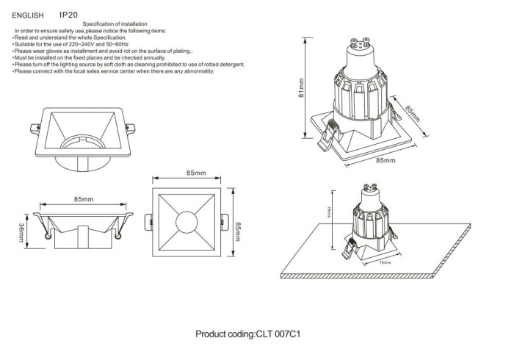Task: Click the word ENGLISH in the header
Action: click(x=28, y=15)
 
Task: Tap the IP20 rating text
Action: click(x=68, y=14)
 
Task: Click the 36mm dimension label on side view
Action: click(x=22, y=235)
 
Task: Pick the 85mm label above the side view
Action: click(x=83, y=199)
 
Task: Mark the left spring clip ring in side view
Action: click(x=48, y=236)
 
